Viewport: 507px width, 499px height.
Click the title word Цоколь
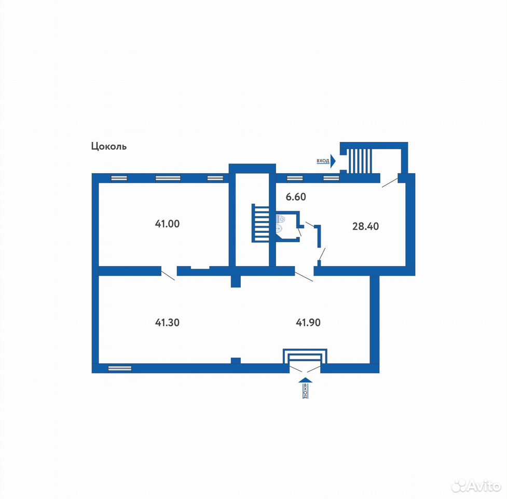pos(109,147)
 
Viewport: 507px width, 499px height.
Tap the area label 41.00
pos(167,224)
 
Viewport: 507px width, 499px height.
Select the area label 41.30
pos(167,322)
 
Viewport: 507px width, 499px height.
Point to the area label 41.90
pos(308,322)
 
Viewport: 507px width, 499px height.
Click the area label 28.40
pos(365,226)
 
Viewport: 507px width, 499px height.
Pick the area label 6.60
pos(296,197)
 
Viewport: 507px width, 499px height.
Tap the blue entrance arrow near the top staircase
pos(333,161)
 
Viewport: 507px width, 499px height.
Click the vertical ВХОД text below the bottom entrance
pos(306,391)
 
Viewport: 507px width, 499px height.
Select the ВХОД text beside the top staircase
pos(323,161)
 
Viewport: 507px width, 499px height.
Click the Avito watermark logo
pos(476,485)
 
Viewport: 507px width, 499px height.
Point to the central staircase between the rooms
pos(261,223)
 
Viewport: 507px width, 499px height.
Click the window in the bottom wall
pos(120,368)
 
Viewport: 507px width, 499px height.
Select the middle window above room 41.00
pos(168,178)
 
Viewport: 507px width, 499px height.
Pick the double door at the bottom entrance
pos(305,369)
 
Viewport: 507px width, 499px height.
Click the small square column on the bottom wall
pos(236,360)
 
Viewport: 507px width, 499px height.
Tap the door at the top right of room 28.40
pos(390,182)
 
